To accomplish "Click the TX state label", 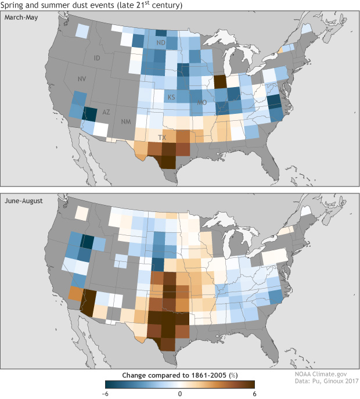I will pos(162,138).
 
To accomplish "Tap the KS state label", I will pos(171,96).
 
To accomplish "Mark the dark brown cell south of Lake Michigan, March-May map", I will pos(221,81).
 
